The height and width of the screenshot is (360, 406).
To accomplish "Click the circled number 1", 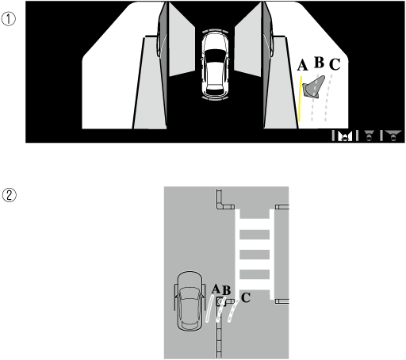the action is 9,19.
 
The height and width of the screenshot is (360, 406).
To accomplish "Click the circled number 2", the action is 10,195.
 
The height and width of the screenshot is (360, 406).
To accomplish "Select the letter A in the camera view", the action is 302,65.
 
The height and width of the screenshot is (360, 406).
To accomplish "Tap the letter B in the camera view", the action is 319,63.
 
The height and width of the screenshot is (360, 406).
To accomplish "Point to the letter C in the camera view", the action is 335,64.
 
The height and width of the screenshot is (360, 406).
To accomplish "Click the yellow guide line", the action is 300,99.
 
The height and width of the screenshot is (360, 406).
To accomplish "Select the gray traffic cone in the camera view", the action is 314,87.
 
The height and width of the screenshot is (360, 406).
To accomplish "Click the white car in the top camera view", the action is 215,65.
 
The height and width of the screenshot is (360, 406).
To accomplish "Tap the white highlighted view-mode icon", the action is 345,136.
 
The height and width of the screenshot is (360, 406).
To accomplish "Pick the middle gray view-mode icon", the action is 370,136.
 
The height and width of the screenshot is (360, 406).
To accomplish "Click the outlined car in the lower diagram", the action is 190,301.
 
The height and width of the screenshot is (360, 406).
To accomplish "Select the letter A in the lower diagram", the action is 216,289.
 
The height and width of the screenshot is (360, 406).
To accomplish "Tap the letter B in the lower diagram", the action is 227,290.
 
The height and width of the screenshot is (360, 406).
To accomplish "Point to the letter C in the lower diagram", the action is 246,297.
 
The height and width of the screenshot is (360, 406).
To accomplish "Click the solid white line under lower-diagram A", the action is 209,308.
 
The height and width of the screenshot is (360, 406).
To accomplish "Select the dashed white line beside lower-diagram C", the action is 232,311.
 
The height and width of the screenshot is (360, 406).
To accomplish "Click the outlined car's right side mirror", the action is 204,289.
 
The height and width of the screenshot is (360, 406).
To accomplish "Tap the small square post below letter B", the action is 220,301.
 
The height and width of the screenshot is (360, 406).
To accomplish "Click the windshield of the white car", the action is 215,56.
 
